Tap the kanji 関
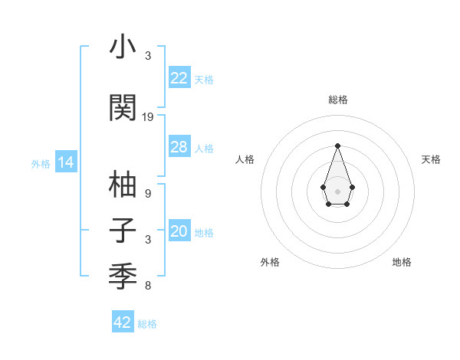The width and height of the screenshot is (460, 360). (123, 106)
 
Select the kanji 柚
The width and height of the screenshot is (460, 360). (123, 185)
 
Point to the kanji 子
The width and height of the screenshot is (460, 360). (123, 231)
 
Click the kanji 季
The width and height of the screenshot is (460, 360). (123, 274)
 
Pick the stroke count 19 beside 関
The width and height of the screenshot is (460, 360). (148, 117)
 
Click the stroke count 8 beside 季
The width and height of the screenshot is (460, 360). (148, 286)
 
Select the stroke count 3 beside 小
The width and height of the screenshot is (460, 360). (148, 56)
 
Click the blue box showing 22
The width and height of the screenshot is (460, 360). (179, 78)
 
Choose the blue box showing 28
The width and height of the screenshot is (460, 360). (179, 147)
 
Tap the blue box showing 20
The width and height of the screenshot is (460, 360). (179, 231)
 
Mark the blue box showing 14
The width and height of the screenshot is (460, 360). (65, 162)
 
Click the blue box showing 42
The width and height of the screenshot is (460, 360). (123, 322)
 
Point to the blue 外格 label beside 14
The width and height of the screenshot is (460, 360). (41, 163)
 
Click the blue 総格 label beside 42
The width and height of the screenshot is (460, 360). (147, 324)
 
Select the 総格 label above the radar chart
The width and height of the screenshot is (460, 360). (337, 100)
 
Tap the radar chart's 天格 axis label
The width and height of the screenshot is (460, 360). (431, 159)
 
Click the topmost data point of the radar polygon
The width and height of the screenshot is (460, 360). (337, 145)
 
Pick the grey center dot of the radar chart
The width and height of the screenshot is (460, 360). (337, 190)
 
